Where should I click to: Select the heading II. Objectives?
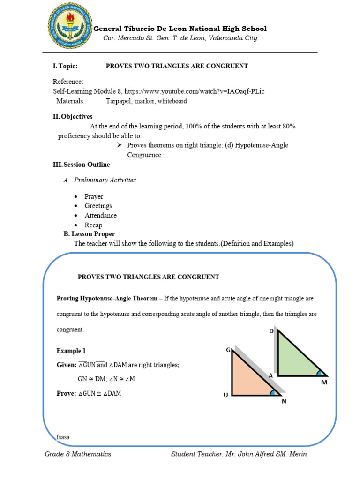pyautogui.click(x=73, y=116)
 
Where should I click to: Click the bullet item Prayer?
pyautogui.click(x=94, y=196)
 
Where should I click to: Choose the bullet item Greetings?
pyautogui.click(x=98, y=206)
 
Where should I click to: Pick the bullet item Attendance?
pyautogui.click(x=101, y=216)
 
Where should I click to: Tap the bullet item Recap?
pyautogui.click(x=93, y=225)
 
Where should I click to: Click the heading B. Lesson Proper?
pyautogui.click(x=89, y=234)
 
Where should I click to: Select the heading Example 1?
pyautogui.click(x=71, y=351)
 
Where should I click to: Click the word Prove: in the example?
pyautogui.click(x=66, y=393)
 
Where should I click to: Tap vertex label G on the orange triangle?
pyautogui.click(x=228, y=350)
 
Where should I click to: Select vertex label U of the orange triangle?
pyautogui.click(x=225, y=395)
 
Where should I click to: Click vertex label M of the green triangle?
pyautogui.click(x=323, y=382)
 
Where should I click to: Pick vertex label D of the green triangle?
pyautogui.click(x=271, y=331)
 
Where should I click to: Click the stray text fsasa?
pyautogui.click(x=63, y=437)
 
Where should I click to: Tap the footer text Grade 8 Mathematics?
pyautogui.click(x=78, y=454)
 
